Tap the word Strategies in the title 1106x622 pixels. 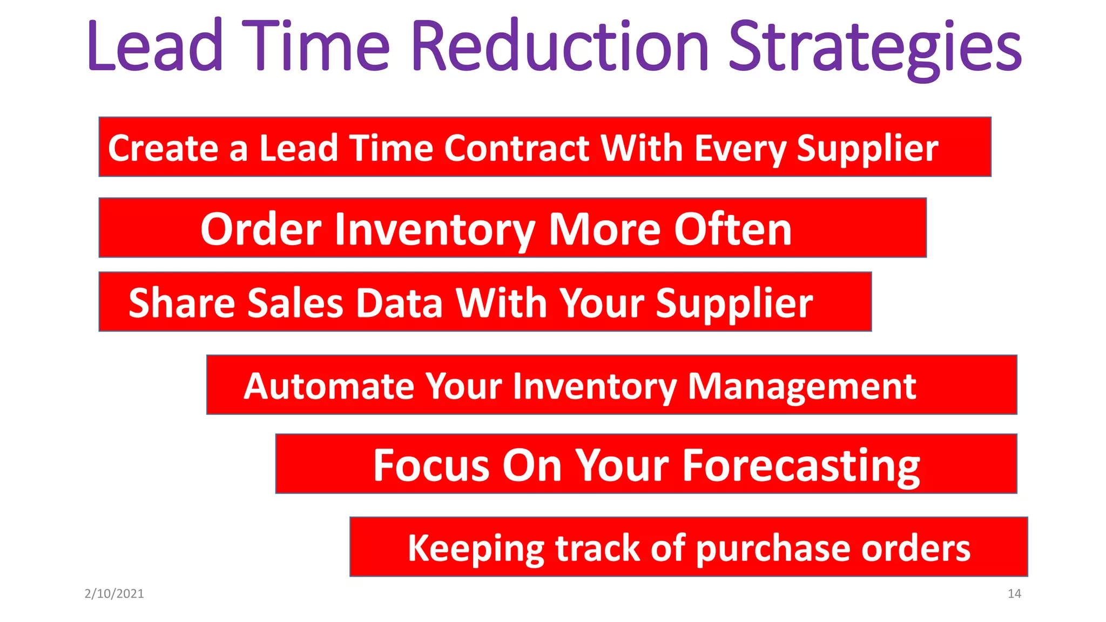(875, 49)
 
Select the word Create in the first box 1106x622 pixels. (163, 148)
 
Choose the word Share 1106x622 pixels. (181, 303)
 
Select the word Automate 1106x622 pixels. (328, 387)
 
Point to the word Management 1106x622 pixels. (801, 387)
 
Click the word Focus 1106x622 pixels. (432, 465)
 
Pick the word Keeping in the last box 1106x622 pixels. (476, 549)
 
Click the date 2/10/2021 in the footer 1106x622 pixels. (114, 594)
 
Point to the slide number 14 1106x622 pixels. (1014, 594)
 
